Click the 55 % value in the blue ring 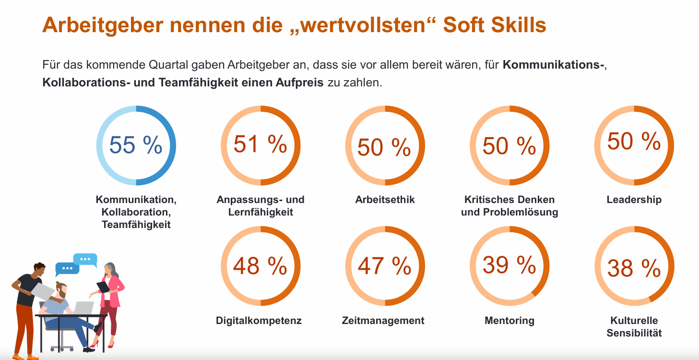(136, 145)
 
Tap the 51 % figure (260, 144)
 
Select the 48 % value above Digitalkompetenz (260, 266)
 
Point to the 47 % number (384, 266)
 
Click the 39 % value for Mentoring (509, 265)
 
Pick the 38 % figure (634, 268)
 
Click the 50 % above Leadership (634, 141)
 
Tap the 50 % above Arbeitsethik (384, 147)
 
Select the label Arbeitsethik (385, 200)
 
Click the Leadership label (634, 200)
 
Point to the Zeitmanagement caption (383, 321)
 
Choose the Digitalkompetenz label (259, 321)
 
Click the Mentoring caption (509, 321)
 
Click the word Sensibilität (634, 333)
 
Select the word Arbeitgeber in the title (103, 25)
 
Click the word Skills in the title (519, 24)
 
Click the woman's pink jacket (111, 290)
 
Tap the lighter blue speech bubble (85, 260)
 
